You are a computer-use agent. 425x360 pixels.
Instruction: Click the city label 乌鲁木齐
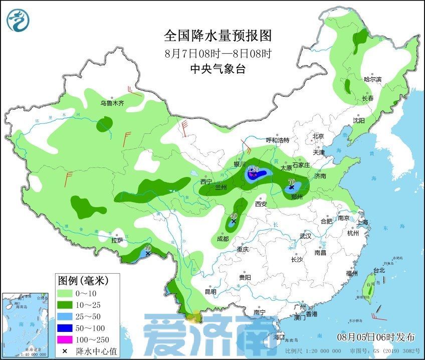(111, 103)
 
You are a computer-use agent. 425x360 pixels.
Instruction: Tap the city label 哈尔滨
(372, 79)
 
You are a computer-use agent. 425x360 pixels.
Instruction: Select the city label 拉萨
(117, 240)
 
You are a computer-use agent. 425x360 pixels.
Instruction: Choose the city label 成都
(223, 239)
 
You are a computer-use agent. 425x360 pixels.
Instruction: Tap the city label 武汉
(305, 236)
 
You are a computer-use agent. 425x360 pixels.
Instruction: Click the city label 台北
(379, 270)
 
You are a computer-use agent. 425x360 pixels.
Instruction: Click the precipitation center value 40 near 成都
(234, 216)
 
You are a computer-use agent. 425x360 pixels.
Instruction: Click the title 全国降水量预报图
(218, 36)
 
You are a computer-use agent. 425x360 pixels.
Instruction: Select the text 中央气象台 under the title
(218, 69)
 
